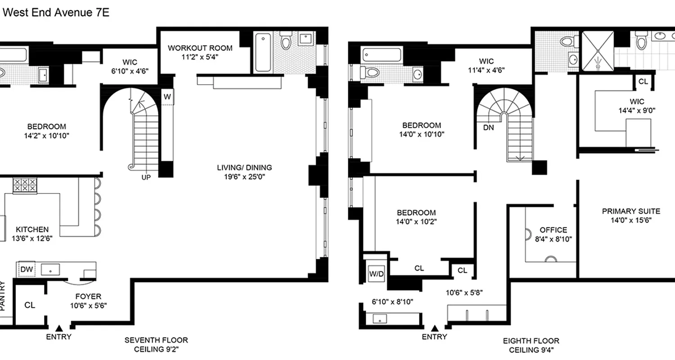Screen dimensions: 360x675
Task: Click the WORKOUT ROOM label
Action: (200, 48)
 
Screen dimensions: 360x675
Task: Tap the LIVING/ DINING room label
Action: (244, 167)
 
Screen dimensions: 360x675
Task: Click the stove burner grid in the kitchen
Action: (25, 186)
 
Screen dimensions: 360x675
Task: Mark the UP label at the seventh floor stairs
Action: (146, 177)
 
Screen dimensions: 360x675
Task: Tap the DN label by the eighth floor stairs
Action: (488, 127)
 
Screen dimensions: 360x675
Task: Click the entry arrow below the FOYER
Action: (59, 328)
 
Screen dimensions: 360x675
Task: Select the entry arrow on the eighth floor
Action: (435, 328)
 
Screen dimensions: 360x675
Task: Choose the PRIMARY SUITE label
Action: (631, 211)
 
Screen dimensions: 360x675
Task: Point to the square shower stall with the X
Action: (598, 51)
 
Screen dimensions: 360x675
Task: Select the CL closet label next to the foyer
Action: (30, 305)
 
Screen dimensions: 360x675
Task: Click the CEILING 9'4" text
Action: (531, 350)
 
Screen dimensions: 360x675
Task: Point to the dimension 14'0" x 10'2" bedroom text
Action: (416, 221)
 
